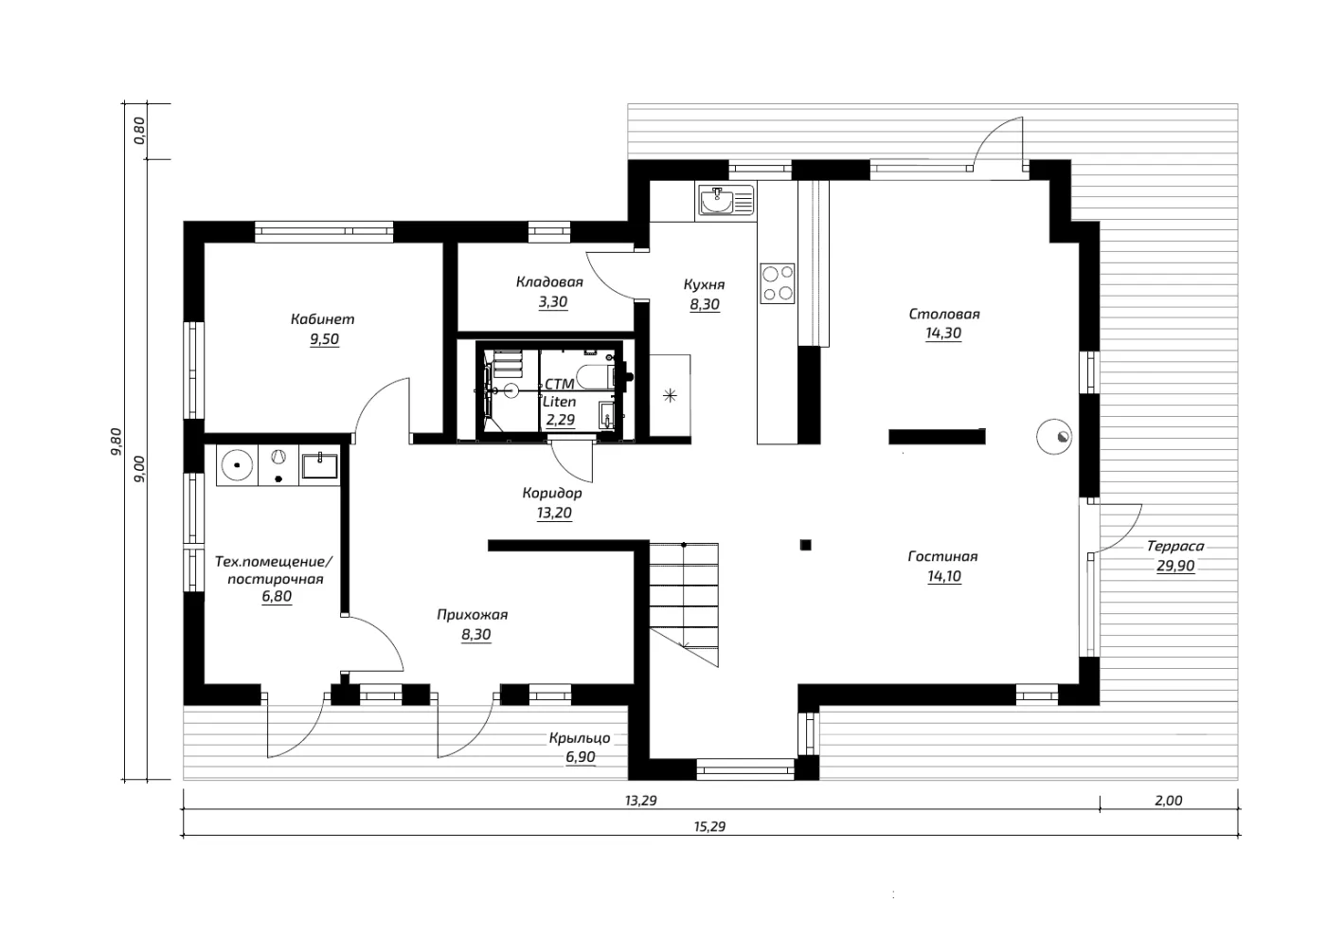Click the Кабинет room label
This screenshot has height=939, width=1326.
pyautogui.click(x=323, y=319)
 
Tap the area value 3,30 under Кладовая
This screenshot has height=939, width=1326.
pyautogui.click(x=552, y=302)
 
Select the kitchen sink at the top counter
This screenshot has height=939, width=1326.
pyautogui.click(x=726, y=200)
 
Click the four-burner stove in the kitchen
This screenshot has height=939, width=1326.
pyautogui.click(x=778, y=283)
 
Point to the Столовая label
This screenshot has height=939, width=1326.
pyautogui.click(x=944, y=315)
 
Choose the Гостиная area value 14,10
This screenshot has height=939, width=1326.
pyautogui.click(x=944, y=576)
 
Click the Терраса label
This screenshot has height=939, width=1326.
pyautogui.click(x=1175, y=546)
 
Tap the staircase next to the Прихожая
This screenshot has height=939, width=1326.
pyautogui.click(x=684, y=605)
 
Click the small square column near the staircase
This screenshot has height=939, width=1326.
pyautogui.click(x=805, y=545)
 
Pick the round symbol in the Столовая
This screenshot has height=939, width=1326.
pyautogui.click(x=1054, y=437)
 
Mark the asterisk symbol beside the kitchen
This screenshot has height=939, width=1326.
pyautogui.click(x=671, y=395)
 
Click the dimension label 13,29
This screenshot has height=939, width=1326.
pyautogui.click(x=641, y=801)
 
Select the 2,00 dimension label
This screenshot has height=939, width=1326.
pyautogui.click(x=1168, y=801)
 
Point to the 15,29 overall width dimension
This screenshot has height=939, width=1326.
pyautogui.click(x=709, y=826)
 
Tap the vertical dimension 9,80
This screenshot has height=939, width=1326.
pyautogui.click(x=116, y=442)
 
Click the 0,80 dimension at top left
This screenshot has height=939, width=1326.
pyautogui.click(x=139, y=131)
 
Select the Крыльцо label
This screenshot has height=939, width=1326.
pyautogui.click(x=580, y=738)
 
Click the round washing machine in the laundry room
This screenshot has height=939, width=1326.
pyautogui.click(x=237, y=465)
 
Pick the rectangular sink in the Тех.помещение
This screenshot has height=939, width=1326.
pyautogui.click(x=320, y=466)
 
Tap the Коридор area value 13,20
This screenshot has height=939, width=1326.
pyautogui.click(x=554, y=513)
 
